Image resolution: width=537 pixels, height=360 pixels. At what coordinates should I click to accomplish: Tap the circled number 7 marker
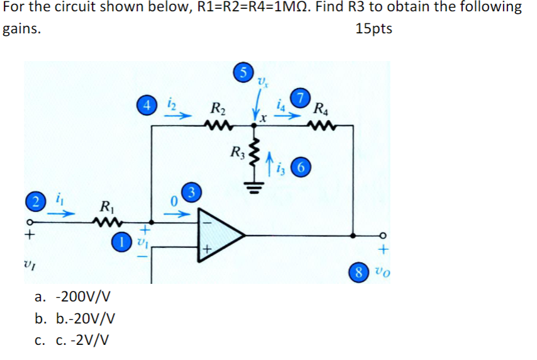[302, 98]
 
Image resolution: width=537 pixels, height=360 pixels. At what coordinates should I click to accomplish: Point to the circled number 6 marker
[302, 167]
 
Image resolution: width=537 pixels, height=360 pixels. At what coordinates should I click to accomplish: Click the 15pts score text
[374, 29]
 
